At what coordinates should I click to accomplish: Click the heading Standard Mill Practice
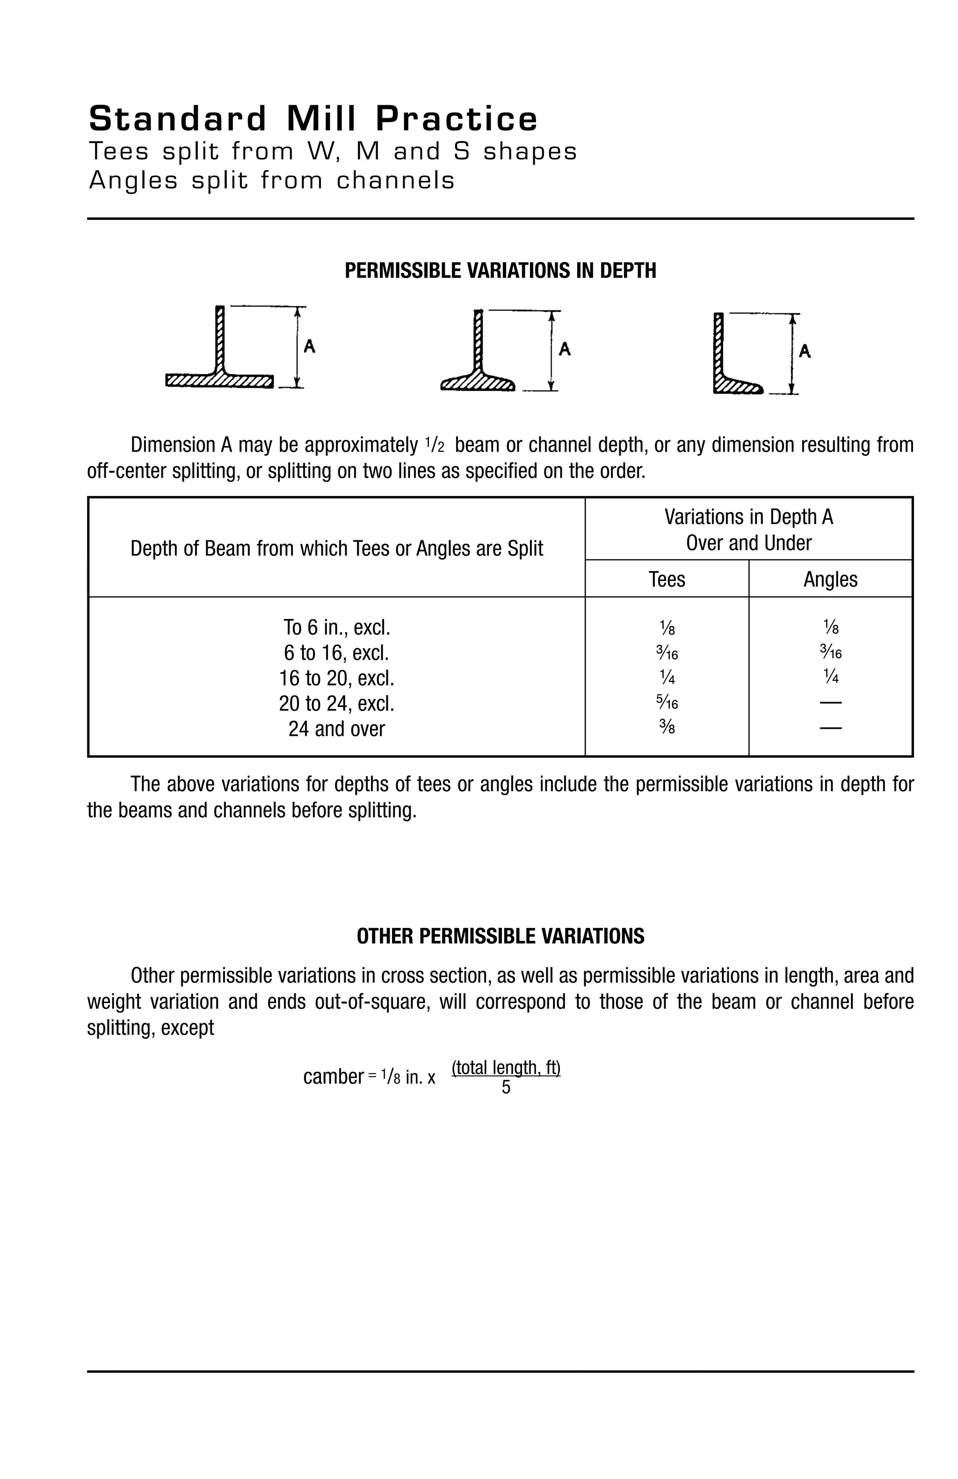pyautogui.click(x=312, y=119)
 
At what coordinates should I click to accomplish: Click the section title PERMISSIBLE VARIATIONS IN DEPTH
pyautogui.click(x=500, y=271)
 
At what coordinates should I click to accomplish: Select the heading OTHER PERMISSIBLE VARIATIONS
pyautogui.click(x=500, y=936)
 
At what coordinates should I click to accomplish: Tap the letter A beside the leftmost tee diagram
pyautogui.click(x=309, y=346)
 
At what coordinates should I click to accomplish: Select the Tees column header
pyautogui.click(x=667, y=579)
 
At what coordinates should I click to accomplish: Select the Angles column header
pyautogui.click(x=830, y=579)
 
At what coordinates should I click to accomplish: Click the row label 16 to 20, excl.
pyautogui.click(x=336, y=677)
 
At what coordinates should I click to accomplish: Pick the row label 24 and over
pyautogui.click(x=336, y=728)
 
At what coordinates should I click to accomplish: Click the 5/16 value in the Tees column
pyautogui.click(x=667, y=703)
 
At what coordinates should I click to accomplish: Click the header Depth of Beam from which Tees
pyautogui.click(x=336, y=548)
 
